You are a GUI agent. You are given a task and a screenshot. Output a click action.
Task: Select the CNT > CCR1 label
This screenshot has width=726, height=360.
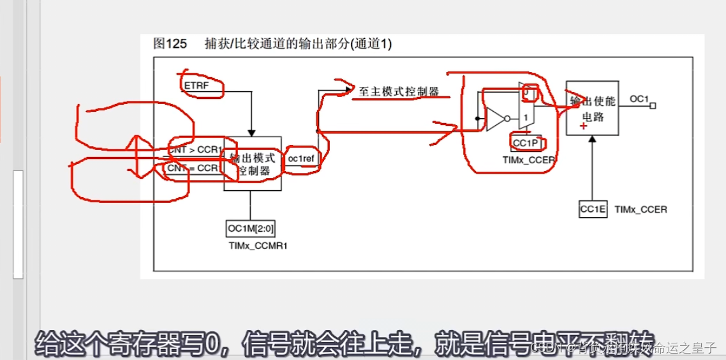point(195,150)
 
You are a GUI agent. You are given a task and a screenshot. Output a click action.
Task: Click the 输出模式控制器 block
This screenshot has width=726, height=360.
point(253,163)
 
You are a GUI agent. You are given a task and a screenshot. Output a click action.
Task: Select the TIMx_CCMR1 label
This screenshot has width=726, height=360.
point(253,244)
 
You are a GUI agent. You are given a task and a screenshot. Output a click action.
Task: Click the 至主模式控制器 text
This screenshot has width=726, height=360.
point(399,92)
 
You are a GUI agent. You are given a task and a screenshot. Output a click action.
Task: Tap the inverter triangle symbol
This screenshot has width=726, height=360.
point(495,119)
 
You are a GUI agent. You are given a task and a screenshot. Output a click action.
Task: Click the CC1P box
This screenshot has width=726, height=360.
point(525,143)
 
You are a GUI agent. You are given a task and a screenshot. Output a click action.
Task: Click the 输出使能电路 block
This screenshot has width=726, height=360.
point(591,108)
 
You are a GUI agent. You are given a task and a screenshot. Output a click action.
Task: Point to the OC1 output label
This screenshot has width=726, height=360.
point(639,99)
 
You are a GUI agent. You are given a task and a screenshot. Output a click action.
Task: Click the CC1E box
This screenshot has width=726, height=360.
point(592,209)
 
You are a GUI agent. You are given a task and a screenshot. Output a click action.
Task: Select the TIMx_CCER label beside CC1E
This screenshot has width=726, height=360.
point(641,209)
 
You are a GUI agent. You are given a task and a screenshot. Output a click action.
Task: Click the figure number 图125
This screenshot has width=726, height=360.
point(170,43)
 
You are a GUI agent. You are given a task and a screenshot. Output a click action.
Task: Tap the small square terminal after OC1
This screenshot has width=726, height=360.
point(652,106)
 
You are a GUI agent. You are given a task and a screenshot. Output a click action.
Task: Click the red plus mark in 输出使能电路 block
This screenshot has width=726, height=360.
point(583,127)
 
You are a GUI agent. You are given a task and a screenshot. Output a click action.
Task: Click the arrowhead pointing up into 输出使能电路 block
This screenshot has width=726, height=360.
point(592,139)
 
